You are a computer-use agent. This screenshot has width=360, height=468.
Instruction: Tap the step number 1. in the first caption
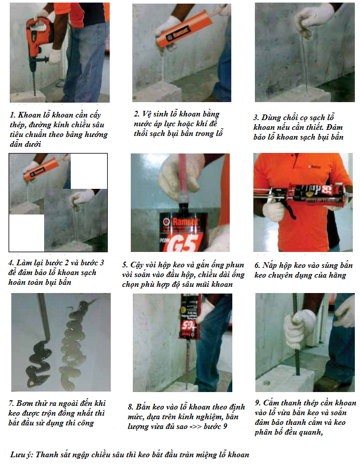[12, 115]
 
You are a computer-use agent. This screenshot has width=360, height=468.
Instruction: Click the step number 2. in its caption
[136, 114]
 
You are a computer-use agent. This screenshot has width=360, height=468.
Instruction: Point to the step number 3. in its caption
[256, 118]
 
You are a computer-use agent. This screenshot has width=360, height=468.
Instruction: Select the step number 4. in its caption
[11, 263]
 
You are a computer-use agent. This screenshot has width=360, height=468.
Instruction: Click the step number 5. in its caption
[125, 265]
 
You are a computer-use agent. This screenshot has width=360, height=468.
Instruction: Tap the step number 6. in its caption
[257, 265]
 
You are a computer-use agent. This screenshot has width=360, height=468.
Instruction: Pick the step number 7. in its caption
[11, 403]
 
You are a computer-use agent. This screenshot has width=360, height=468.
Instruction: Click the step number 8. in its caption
[131, 407]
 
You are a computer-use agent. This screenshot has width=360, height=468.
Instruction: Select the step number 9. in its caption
[258, 403]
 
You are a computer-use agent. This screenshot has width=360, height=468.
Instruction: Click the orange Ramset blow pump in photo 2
[185, 28]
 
